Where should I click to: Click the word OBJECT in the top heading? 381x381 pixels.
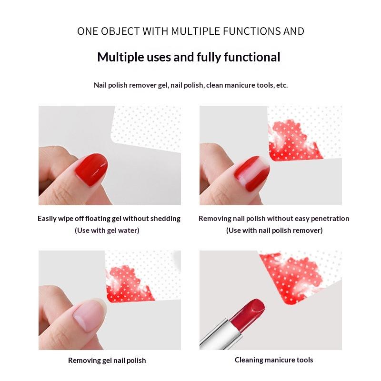click(x=120, y=31)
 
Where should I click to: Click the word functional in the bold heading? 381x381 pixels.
click(x=252, y=57)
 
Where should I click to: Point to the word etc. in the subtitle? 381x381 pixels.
click(x=282, y=85)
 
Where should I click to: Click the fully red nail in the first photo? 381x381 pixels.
click(x=91, y=170)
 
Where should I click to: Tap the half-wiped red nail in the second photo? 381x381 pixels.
click(x=252, y=173)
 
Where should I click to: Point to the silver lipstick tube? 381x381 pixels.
click(x=221, y=334)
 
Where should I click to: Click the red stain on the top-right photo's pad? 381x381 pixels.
click(x=293, y=140)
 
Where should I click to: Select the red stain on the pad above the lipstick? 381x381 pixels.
click(x=291, y=277)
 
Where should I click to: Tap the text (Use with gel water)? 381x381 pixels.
click(x=107, y=231)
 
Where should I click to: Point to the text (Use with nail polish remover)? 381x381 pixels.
click(x=274, y=231)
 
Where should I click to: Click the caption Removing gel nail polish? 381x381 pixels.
click(x=107, y=361)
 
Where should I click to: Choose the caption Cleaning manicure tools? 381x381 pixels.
click(x=274, y=360)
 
